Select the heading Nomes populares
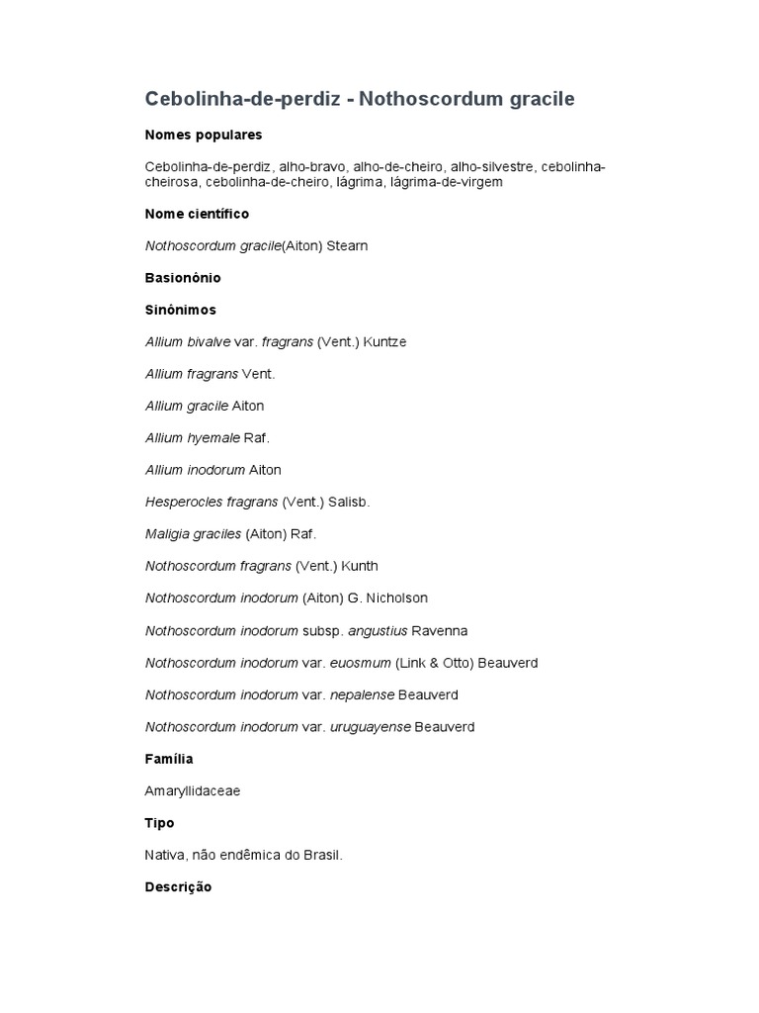(204, 135)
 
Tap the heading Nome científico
(197, 214)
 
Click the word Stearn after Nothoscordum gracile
(347, 245)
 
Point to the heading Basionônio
(183, 278)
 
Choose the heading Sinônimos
(180, 310)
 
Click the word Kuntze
(384, 341)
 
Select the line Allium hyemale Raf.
(208, 437)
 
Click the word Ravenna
(439, 630)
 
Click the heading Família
(169, 759)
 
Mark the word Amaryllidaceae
(193, 790)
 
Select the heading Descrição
(178, 887)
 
